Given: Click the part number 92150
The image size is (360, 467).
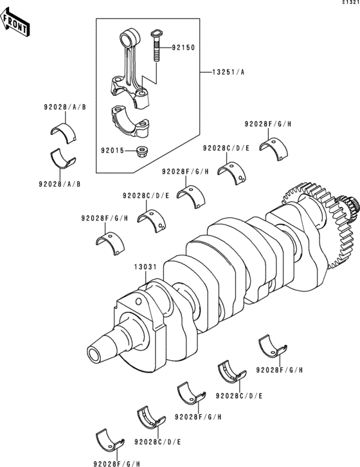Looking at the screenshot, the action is click(x=183, y=48).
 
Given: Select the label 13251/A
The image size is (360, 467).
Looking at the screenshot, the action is click(x=228, y=72).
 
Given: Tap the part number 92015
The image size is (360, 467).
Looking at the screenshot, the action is click(x=113, y=151).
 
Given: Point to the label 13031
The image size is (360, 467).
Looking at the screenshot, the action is click(x=145, y=267).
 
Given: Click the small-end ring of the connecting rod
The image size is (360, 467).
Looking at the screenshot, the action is click(x=129, y=37).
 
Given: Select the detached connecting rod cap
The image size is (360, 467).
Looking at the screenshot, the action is click(x=130, y=120).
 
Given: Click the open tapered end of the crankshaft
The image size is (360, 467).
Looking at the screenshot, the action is click(x=95, y=354).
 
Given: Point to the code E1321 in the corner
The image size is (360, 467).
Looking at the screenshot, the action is click(x=351, y=3).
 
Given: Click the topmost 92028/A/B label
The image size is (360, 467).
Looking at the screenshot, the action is click(x=65, y=107).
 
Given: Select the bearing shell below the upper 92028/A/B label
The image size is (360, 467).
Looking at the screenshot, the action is click(x=63, y=133).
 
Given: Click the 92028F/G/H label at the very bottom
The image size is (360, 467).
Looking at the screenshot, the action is click(x=117, y=463).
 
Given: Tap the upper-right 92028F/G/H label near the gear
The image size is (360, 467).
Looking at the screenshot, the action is click(x=268, y=124).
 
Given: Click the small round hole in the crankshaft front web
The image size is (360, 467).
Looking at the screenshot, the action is click(x=138, y=302).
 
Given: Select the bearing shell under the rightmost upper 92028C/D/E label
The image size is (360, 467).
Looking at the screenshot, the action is click(x=231, y=173).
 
